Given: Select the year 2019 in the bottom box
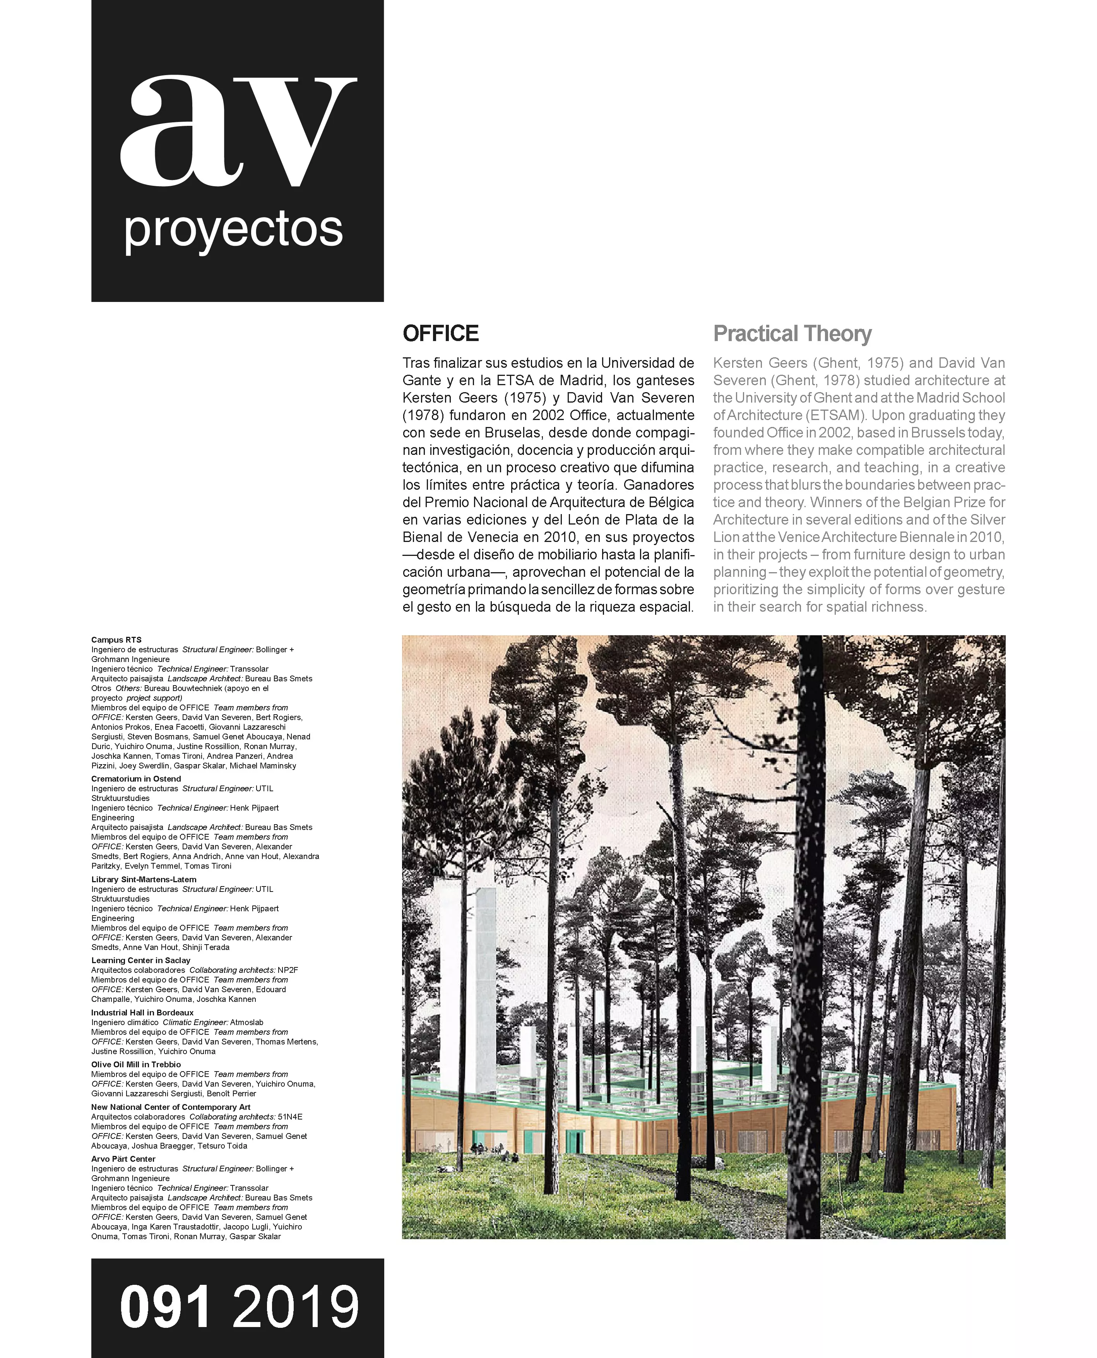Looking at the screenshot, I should pyautogui.click(x=296, y=1307).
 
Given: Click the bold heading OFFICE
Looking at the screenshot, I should pyautogui.click(x=440, y=334).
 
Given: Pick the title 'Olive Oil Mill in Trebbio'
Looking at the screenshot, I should pyautogui.click(x=136, y=1065).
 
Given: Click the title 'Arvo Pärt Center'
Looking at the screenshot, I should pyautogui.click(x=123, y=1159).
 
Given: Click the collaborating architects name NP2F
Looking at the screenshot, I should pyautogui.click(x=288, y=970).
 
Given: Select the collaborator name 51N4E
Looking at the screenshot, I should pyautogui.click(x=290, y=1116).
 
